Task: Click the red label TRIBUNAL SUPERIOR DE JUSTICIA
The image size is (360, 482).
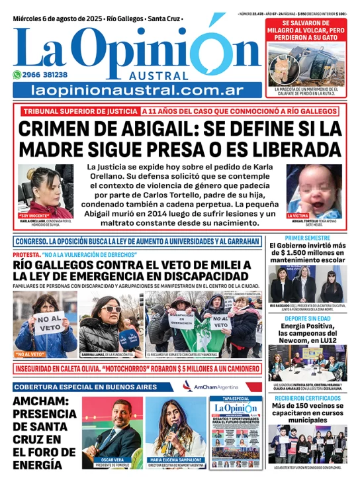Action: (x=80, y=111)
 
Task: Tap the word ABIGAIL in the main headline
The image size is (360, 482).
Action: (x=171, y=128)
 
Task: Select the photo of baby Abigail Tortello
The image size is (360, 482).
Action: (x=314, y=189)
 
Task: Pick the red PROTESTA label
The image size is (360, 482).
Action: (x=26, y=255)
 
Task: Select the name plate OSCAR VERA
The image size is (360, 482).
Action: (x=112, y=459)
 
